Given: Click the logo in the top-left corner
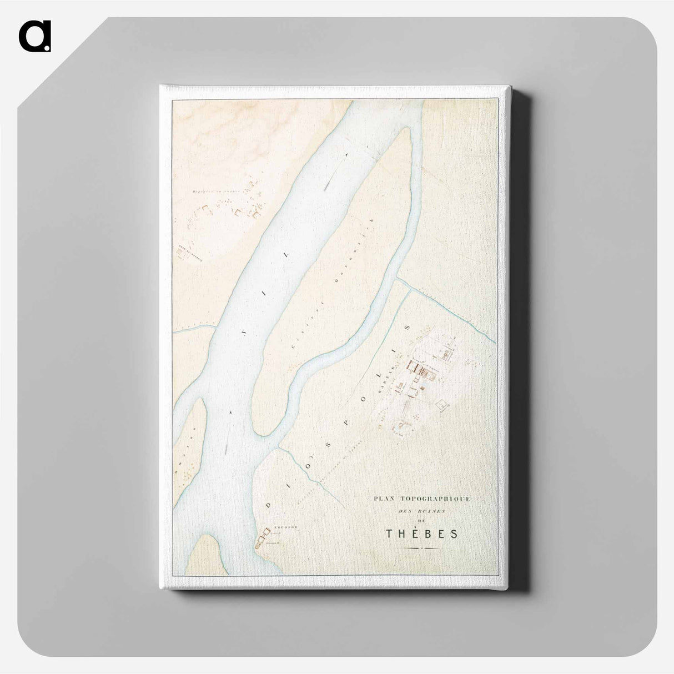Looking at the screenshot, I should click(x=34, y=36).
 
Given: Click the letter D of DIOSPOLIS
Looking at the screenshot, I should click(x=270, y=505).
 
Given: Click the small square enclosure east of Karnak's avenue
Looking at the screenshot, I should click(x=442, y=406).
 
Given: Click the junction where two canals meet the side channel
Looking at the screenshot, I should click(x=397, y=278).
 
